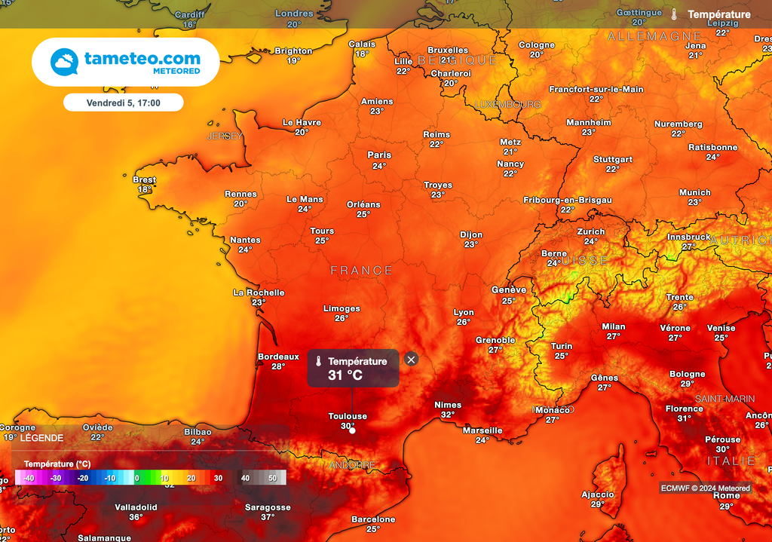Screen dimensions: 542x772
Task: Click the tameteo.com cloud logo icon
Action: point(64,62)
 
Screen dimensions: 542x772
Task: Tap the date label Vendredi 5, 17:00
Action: point(123,102)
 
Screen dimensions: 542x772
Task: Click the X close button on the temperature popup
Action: point(411,360)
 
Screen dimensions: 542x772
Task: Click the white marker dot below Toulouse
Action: point(352,430)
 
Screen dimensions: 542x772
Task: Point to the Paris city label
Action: point(379,155)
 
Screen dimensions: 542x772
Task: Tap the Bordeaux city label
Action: point(278,357)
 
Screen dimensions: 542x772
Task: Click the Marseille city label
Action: point(482,430)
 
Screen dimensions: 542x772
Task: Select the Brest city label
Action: point(144,180)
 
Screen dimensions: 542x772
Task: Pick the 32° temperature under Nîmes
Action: point(448,415)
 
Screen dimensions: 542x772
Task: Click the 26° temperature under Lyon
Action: point(464,322)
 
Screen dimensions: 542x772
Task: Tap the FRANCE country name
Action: point(362,271)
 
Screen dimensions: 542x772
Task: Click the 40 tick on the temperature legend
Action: point(245,478)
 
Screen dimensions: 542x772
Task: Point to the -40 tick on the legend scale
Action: point(29,478)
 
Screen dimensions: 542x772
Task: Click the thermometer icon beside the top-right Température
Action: point(674,14)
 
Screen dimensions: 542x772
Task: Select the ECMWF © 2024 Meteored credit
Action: point(705,488)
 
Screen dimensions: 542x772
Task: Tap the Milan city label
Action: point(614,326)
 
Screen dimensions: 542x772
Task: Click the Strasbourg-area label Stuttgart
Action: point(613,160)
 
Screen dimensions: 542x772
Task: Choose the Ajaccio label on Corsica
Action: point(598,495)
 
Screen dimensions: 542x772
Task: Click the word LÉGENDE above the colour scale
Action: point(41,437)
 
